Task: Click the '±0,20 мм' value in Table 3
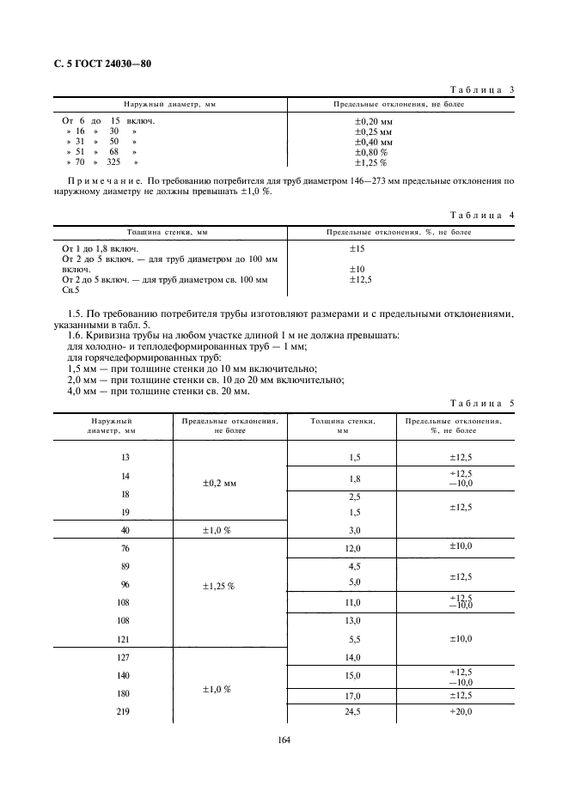point(373,121)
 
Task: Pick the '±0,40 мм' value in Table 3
point(373,142)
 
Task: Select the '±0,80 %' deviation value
point(371,152)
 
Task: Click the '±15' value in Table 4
point(357,248)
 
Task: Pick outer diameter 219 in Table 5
point(125,711)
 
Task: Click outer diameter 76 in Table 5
point(125,547)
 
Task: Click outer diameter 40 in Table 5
point(125,530)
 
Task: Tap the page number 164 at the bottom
point(284,741)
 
